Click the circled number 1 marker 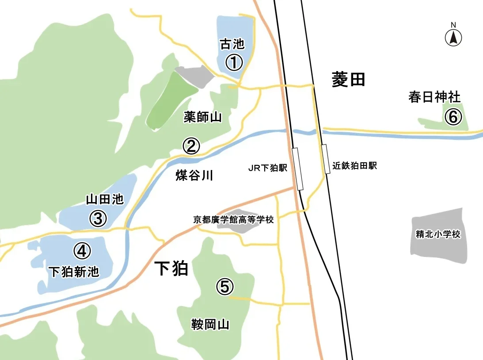234,62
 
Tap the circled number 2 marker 191,146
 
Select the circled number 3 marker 98,218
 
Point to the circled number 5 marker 224,287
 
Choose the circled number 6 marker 453,117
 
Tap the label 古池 232,44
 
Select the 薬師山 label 202,117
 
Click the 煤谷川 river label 194,176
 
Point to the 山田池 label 105,200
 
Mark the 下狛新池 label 74,271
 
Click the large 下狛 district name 171,268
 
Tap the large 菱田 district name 348,80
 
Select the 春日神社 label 434,97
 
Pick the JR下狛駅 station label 268,168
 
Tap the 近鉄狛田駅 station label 355,167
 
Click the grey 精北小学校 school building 438,234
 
